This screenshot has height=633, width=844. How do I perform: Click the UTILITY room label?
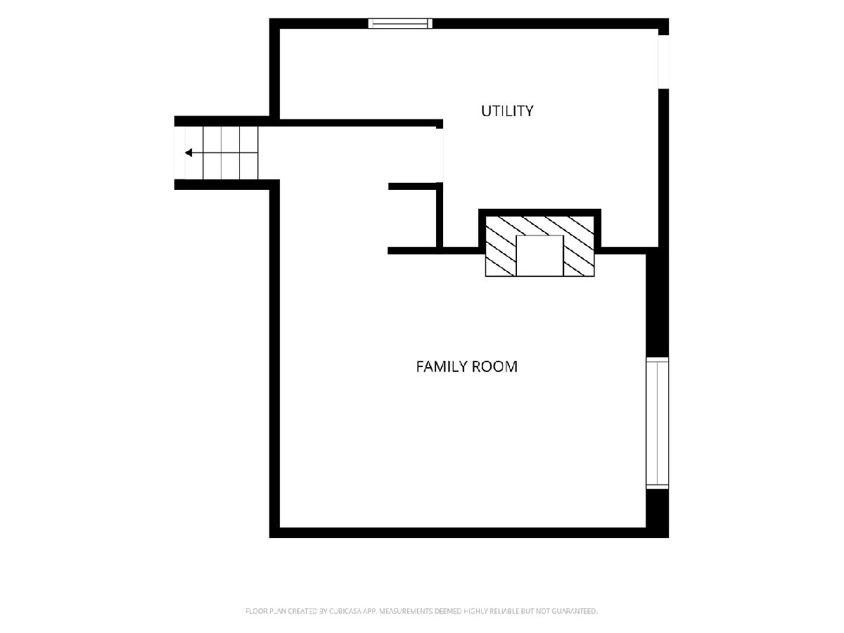point(507,111)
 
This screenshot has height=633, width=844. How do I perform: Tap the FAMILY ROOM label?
point(467,366)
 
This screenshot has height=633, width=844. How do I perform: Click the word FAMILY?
point(441,366)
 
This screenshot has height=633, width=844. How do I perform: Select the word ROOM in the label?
point(494,366)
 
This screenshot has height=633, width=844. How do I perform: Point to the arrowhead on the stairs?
point(188,153)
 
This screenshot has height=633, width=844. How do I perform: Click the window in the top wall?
point(400,23)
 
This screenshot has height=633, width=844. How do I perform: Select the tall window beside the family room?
point(657,423)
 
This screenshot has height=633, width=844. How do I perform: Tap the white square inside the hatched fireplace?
point(539,255)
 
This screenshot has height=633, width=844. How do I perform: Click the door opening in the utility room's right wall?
point(664,62)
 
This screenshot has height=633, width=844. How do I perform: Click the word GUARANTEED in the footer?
point(574,610)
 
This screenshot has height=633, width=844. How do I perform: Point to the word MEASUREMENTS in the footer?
point(406,610)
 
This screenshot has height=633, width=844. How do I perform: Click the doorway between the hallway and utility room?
point(439,155)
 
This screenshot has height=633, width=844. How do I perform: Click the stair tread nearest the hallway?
point(249,153)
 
